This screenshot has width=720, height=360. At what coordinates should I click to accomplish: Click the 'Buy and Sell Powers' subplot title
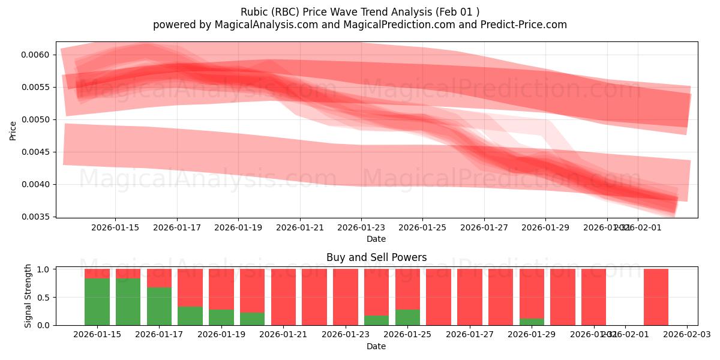376,257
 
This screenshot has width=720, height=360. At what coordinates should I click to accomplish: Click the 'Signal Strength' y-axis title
28,295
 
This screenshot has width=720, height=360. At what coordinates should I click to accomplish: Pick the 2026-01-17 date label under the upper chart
177,227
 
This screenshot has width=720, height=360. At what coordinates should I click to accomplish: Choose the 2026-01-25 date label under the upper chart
423,227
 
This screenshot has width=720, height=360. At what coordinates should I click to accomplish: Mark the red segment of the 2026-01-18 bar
190,287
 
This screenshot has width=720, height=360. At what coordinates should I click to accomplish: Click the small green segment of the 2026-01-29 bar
532,322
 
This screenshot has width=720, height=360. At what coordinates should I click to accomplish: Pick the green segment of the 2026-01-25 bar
407,317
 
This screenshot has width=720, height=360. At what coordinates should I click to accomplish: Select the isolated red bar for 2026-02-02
656,297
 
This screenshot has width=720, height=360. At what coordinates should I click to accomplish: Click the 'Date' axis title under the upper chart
376,239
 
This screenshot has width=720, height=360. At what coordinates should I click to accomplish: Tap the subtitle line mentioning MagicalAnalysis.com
359,25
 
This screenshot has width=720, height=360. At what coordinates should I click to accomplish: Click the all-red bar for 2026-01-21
283,297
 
